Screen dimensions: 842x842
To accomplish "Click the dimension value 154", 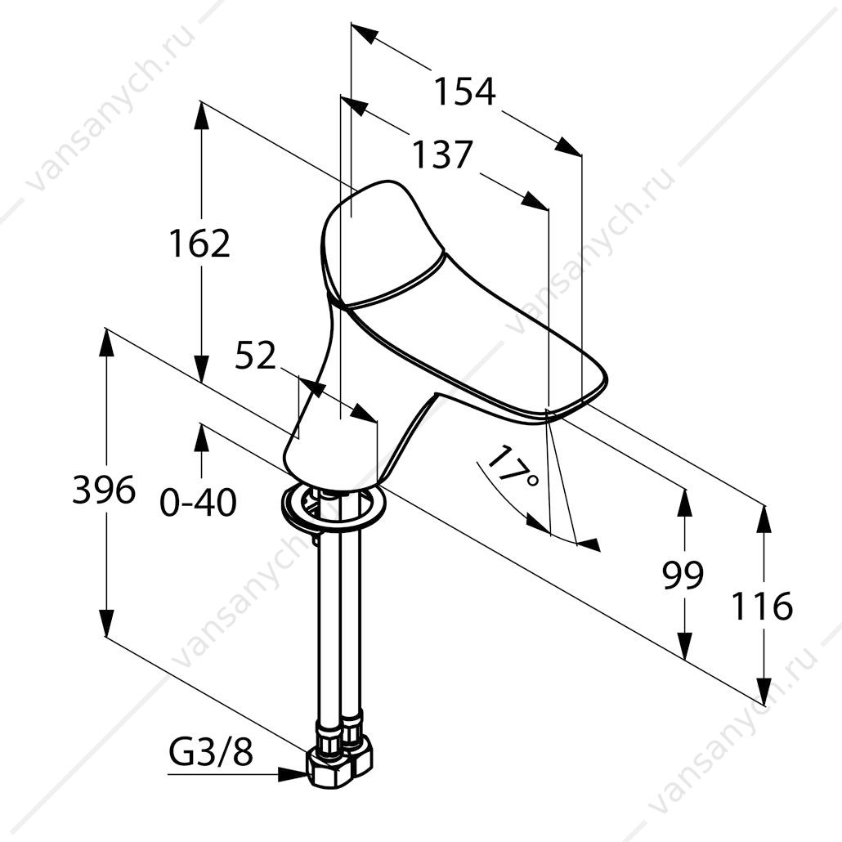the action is (464, 92).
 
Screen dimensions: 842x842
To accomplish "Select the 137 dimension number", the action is (442, 155).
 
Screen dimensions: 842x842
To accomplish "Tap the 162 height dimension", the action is (199, 243).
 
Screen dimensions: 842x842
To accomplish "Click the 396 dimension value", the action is (104, 490).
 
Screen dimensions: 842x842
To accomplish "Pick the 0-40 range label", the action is (198, 503).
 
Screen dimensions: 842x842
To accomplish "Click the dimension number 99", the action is (683, 575).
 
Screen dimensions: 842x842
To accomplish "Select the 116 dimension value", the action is (763, 606).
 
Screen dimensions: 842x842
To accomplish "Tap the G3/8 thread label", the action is (211, 754).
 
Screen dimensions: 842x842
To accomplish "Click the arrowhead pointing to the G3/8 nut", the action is (292, 774).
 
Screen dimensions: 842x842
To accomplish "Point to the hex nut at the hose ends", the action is (339, 762).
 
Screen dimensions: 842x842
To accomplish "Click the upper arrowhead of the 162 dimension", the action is (202, 115).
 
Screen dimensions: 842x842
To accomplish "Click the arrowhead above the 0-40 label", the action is (201, 437).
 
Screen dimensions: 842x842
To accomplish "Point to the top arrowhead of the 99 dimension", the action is (685, 502).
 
